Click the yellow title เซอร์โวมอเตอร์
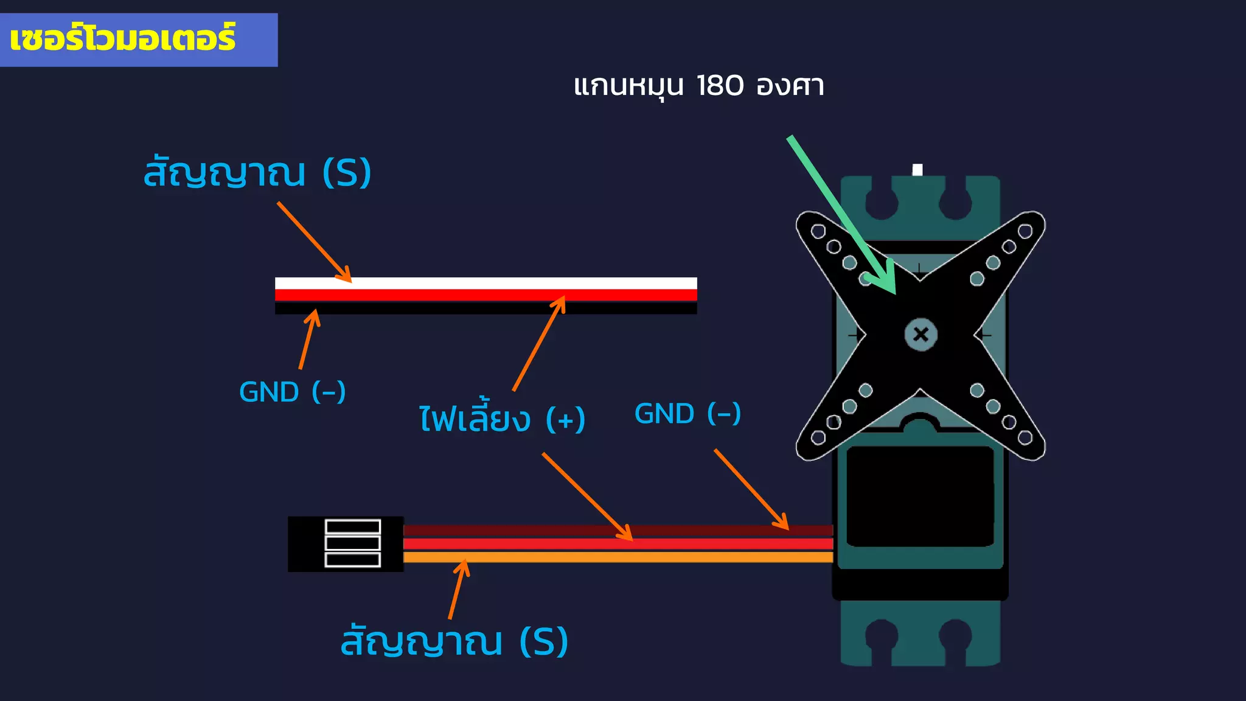122,38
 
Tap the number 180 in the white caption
719,86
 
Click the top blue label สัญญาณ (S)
257,173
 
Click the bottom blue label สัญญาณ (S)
454,641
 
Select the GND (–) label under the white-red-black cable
292,392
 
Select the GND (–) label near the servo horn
687,414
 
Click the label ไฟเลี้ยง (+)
502,420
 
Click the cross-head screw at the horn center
921,334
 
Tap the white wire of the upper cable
487,283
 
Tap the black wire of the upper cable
487,309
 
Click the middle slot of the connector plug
353,543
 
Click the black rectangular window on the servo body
920,496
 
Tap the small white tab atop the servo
917,170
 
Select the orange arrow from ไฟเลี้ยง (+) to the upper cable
538,344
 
